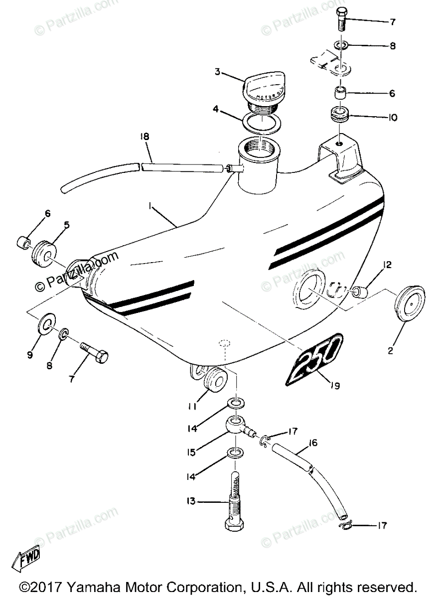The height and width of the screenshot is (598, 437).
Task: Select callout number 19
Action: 334,385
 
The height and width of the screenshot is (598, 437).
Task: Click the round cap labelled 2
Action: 406,309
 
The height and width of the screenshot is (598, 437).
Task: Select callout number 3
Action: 218,71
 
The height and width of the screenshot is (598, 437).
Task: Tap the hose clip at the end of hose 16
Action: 346,525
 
